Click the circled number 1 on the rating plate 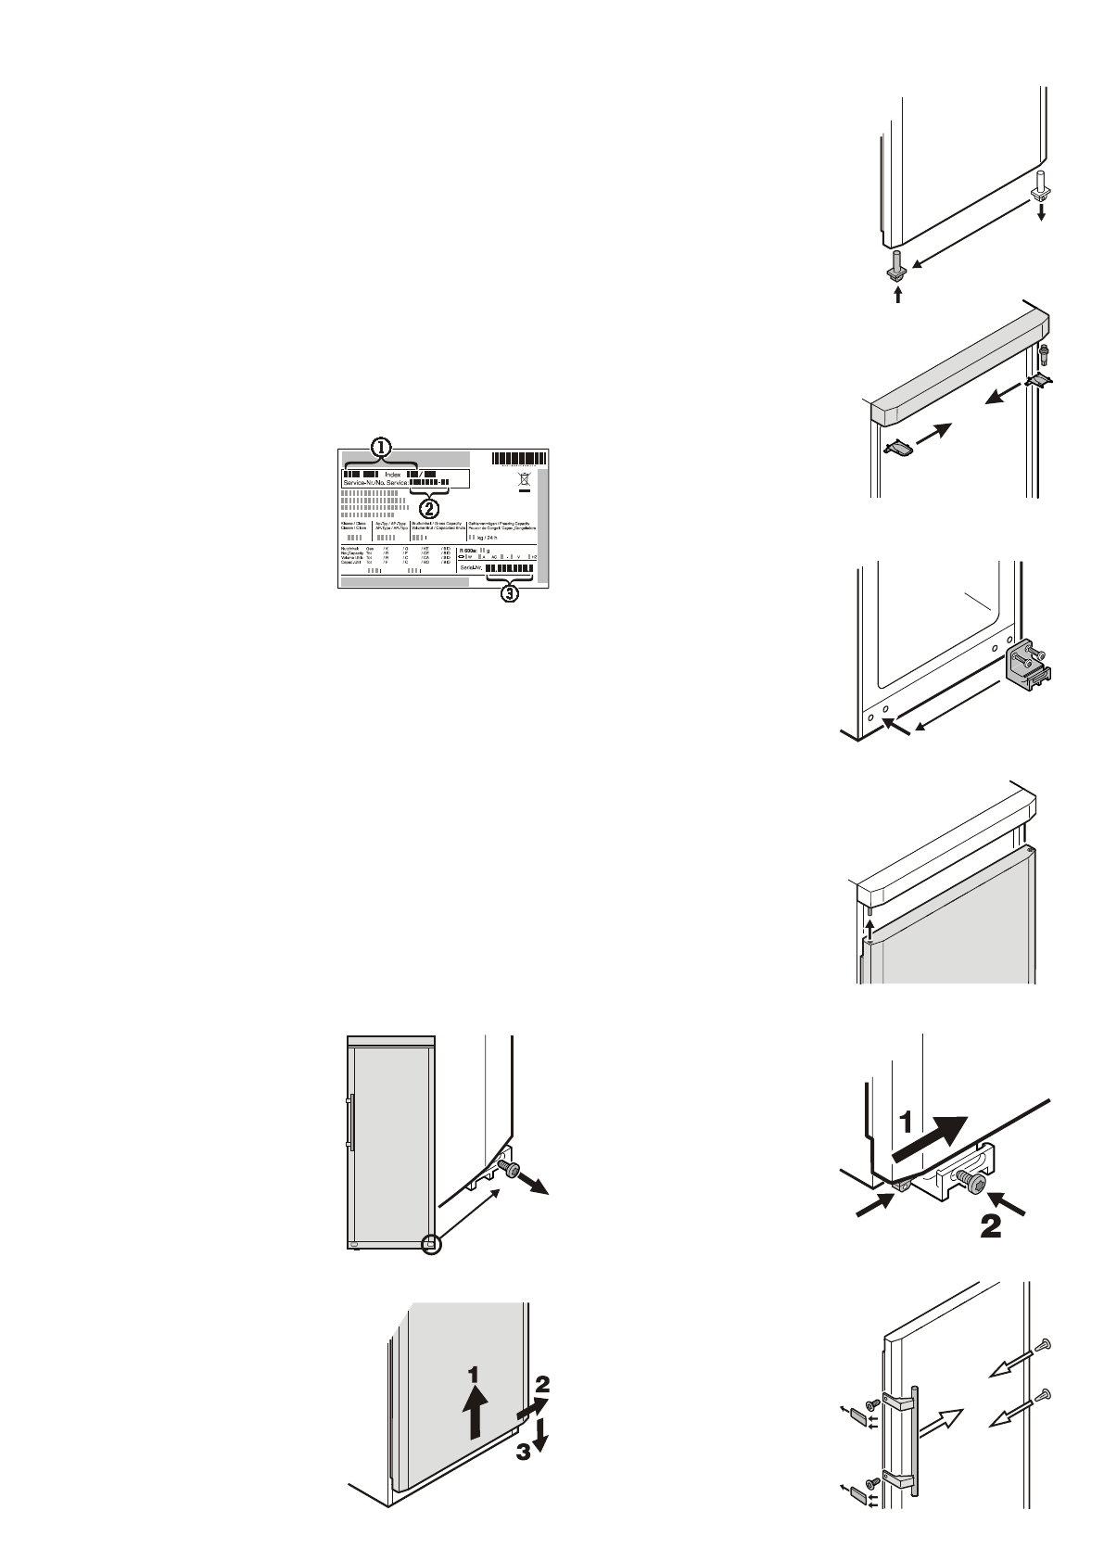380,447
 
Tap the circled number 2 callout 428,507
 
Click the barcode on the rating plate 519,458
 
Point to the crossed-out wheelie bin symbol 524,481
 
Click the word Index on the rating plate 393,475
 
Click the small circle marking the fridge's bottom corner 431,1244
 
